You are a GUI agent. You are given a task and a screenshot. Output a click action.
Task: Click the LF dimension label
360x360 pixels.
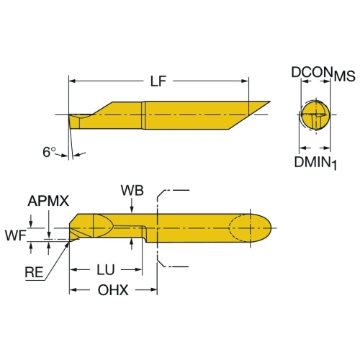(158, 81)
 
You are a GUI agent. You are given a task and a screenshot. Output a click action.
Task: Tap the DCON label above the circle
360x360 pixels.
(312, 72)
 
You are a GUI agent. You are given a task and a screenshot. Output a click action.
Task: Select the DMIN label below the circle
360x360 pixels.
(312, 162)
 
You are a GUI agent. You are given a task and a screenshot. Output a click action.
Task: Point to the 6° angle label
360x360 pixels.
(49, 152)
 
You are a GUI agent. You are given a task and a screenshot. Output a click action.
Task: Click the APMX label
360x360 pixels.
(48, 201)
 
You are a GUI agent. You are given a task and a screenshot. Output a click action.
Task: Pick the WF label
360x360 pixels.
(16, 235)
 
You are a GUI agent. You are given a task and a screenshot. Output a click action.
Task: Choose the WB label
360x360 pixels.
(132, 191)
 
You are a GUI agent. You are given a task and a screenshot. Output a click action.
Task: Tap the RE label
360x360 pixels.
(34, 272)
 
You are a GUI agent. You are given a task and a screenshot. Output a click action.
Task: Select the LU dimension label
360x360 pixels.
(106, 270)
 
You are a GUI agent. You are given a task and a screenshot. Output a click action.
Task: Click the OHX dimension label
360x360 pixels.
(113, 290)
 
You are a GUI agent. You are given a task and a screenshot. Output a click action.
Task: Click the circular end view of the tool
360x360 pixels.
(315, 114)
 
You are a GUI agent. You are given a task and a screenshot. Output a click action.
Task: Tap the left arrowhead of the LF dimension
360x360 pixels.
(73, 81)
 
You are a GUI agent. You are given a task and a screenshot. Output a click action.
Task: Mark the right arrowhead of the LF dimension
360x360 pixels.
(245, 81)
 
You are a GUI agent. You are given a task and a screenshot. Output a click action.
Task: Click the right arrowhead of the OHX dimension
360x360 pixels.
(153, 290)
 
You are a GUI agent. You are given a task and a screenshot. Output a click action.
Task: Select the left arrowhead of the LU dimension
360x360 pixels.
(73, 270)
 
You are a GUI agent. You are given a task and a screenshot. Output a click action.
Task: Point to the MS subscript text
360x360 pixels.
(345, 76)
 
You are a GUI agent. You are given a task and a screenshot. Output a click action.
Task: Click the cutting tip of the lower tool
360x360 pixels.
(70, 240)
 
